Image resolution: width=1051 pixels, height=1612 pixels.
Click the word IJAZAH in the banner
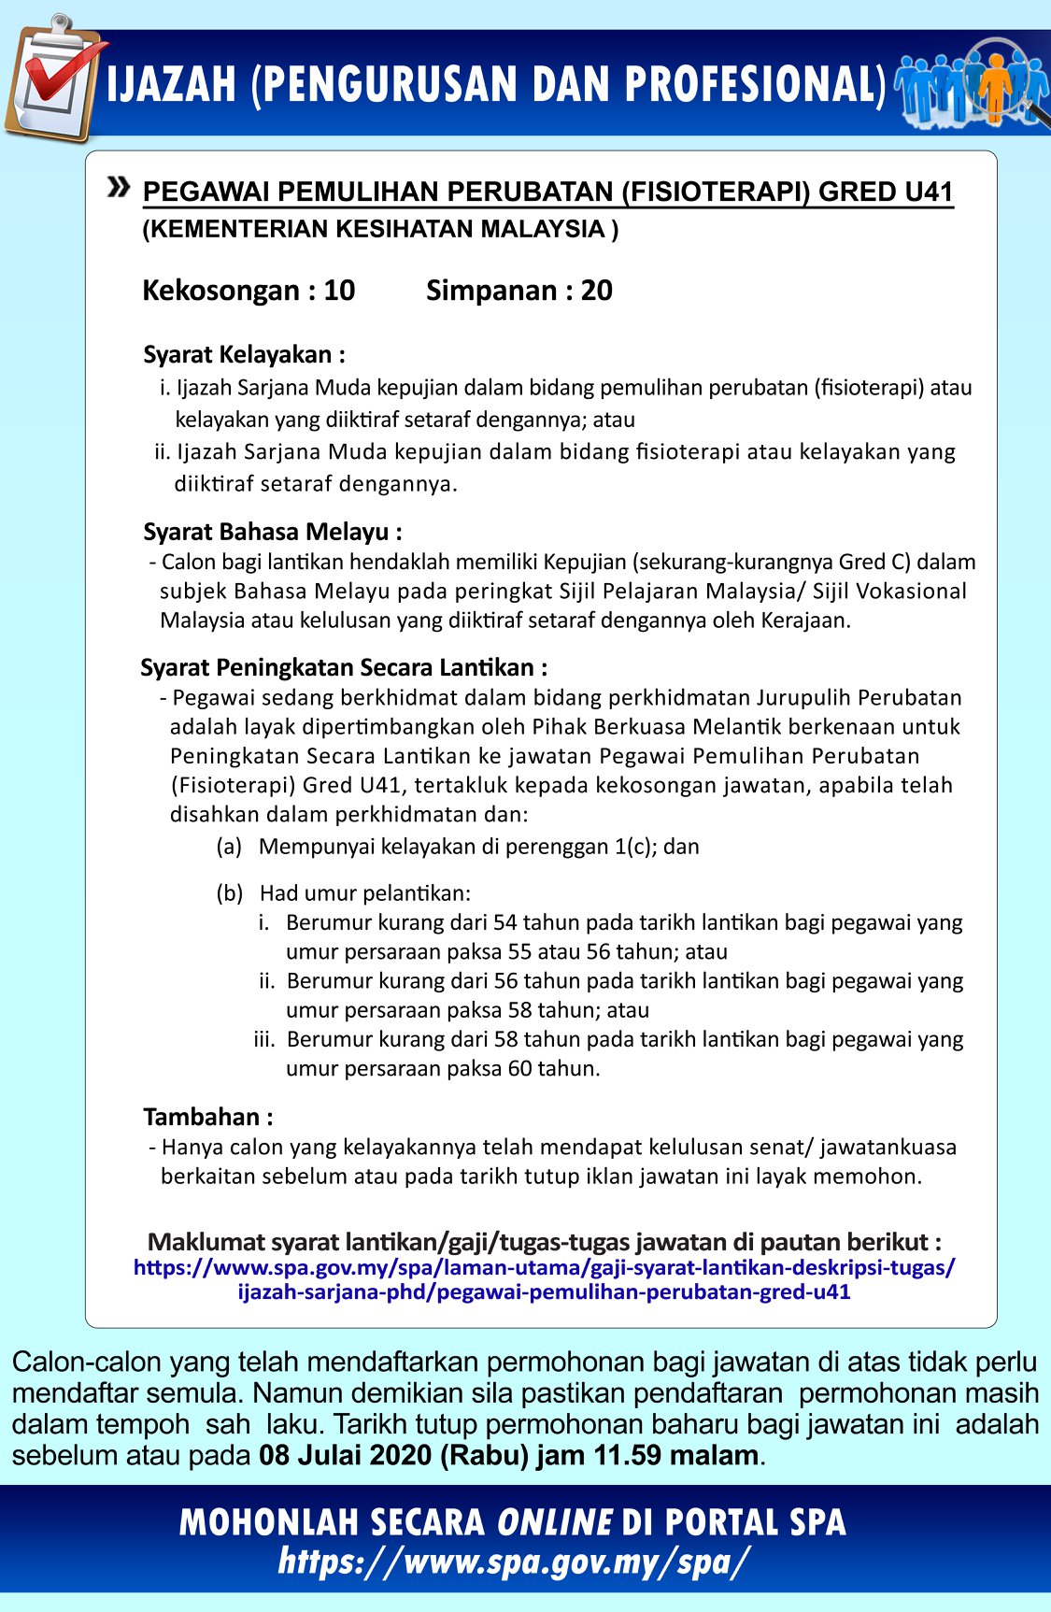172,85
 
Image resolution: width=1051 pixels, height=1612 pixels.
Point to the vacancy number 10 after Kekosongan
339,291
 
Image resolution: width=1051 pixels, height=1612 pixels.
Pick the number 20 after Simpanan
596,291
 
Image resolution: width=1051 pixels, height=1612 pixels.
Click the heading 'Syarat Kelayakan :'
244,355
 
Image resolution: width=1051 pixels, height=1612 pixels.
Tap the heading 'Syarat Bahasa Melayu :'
273,532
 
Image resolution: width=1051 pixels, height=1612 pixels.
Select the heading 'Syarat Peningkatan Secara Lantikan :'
344,667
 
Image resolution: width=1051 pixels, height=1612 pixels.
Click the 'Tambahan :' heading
208,1117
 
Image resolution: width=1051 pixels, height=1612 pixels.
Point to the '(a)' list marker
229,847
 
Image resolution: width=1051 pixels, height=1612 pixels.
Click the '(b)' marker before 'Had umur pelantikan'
230,893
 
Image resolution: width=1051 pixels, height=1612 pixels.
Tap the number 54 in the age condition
505,922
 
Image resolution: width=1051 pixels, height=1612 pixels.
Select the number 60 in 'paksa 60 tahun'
520,1068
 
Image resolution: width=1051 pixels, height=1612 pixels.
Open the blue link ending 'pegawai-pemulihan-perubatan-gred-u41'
544,1292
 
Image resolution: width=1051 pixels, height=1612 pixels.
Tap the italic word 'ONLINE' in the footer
554,1522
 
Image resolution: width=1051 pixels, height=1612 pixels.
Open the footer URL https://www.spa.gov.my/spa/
513,1561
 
